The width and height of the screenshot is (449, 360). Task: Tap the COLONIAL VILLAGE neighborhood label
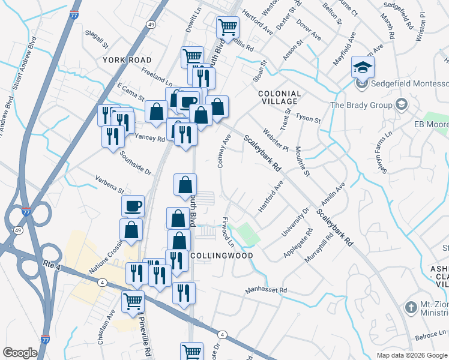[279, 98]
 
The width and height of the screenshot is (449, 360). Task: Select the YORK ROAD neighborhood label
[127, 60]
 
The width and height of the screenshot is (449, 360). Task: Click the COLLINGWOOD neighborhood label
[221, 255]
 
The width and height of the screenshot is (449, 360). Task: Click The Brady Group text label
[361, 105]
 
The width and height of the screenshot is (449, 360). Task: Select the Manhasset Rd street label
[266, 290]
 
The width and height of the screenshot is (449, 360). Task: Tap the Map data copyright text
[412, 355]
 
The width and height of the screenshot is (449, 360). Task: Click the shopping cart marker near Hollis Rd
[228, 27]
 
